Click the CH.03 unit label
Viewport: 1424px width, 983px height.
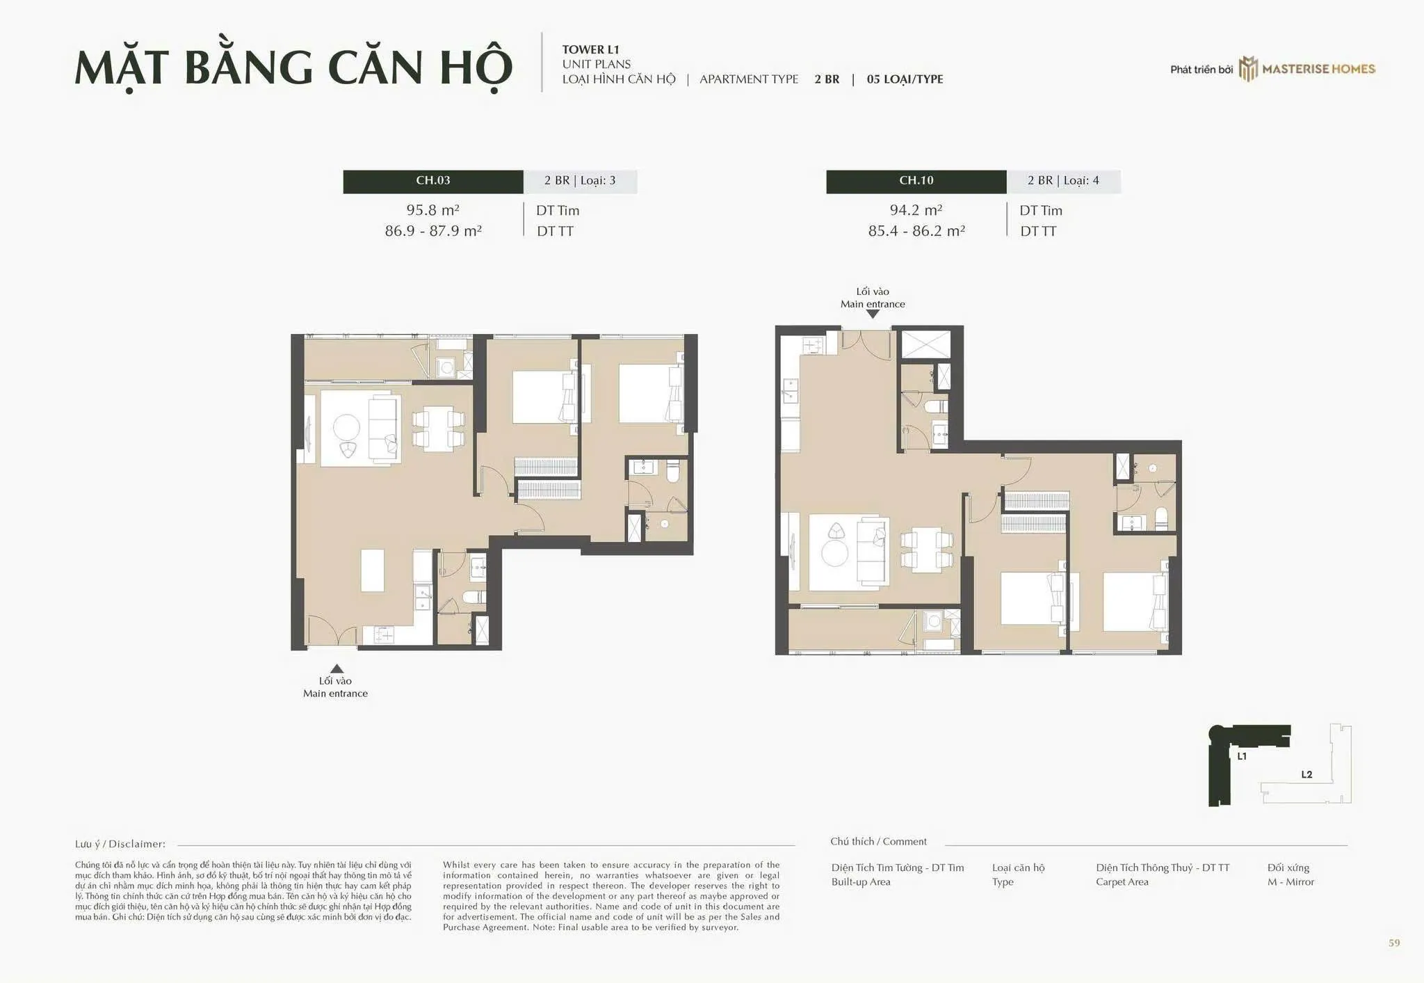click(433, 181)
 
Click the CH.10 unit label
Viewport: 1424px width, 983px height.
click(916, 181)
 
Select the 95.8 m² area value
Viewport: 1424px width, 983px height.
click(432, 209)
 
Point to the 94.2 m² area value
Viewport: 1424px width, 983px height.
click(916, 209)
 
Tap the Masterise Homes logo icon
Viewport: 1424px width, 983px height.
click(1249, 69)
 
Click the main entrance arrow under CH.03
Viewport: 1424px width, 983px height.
click(337, 669)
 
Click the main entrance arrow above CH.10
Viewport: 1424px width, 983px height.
click(873, 314)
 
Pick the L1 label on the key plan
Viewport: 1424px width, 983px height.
click(1242, 756)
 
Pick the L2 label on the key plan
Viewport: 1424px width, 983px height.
click(1306, 774)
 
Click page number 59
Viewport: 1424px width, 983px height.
click(1394, 943)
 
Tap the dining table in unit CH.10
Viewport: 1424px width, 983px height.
click(926, 550)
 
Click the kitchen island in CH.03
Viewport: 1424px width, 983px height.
click(373, 570)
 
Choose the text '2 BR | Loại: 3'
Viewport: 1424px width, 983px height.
click(580, 181)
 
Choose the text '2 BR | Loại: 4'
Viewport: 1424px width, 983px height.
click(1063, 181)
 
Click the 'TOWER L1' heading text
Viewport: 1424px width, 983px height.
click(590, 49)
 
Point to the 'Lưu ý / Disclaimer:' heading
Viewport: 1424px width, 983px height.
click(120, 844)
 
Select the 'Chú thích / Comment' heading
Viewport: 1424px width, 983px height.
click(878, 842)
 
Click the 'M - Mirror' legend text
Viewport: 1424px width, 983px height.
click(1290, 882)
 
